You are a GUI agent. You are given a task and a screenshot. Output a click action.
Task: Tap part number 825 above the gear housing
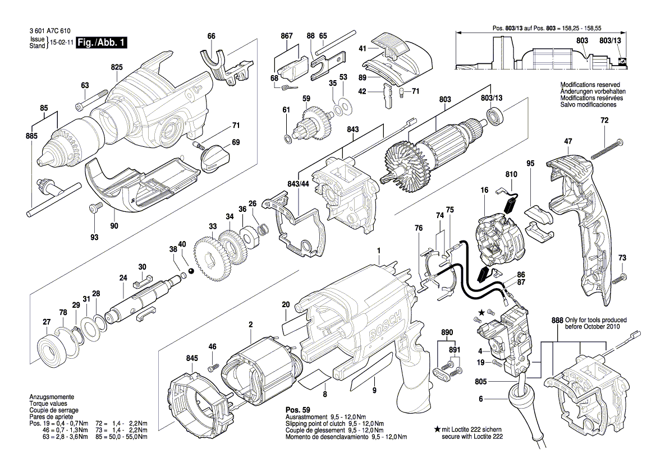click(x=116, y=67)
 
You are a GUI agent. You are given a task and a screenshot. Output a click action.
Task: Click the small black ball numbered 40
click(x=191, y=271)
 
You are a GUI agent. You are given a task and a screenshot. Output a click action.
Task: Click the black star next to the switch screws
click(x=481, y=311)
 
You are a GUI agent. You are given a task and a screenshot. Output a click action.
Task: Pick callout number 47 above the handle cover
click(x=568, y=142)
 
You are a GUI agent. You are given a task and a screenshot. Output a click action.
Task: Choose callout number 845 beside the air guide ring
click(x=192, y=358)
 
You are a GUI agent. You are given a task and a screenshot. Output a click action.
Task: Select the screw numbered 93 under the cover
click(x=93, y=209)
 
